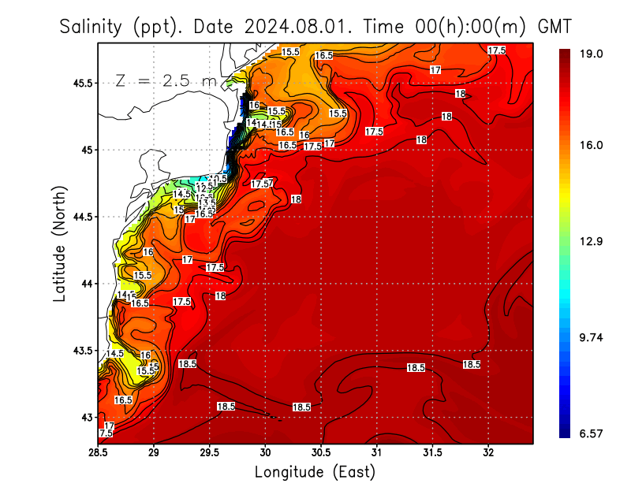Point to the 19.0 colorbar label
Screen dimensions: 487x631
(592, 54)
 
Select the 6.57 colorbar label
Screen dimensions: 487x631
(592, 433)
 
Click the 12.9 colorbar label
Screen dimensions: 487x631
(592, 241)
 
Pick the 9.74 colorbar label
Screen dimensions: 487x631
(592, 337)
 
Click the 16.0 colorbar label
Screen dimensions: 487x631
(592, 145)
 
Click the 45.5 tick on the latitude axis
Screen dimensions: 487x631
(78, 83)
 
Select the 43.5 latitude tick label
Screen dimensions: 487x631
(78, 351)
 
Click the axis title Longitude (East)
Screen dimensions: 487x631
(315, 472)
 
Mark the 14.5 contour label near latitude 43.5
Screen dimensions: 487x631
(115, 354)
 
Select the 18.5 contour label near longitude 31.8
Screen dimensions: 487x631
(472, 364)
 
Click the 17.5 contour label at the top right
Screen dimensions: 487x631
(497, 50)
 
